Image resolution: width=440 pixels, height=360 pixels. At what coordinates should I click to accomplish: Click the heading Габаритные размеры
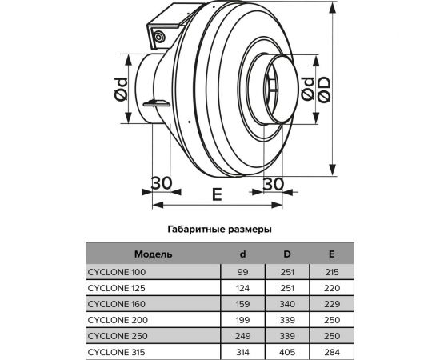click(x=219, y=228)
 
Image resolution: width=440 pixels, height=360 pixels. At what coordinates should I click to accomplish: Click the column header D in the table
click(x=287, y=254)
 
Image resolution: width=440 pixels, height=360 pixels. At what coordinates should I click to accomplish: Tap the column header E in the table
click(x=331, y=254)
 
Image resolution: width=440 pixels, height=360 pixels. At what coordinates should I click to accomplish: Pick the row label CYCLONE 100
click(x=117, y=272)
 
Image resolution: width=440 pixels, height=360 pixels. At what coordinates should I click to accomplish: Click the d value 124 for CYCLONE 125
click(x=243, y=287)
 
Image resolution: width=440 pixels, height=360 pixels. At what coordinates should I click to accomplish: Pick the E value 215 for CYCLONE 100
click(x=331, y=272)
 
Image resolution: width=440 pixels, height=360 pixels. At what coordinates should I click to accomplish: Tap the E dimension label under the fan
click(x=217, y=194)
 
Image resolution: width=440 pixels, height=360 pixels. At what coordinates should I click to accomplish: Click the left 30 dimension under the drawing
click(x=161, y=182)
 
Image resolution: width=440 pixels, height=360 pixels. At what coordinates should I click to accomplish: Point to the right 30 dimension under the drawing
click(x=273, y=182)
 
